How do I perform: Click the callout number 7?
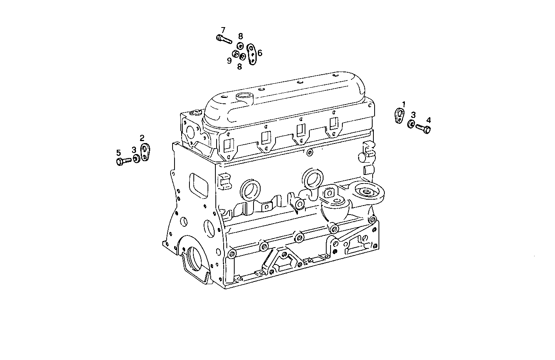point(223,30)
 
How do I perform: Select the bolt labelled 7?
point(224,39)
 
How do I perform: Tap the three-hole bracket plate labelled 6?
point(252,54)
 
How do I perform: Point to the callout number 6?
point(260,53)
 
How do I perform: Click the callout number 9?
point(229,61)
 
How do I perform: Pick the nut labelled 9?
point(235,54)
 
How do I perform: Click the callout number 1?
point(403,104)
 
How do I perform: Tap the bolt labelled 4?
point(423,128)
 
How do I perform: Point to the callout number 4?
point(428,120)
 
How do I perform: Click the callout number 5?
point(118,152)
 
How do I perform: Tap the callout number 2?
point(142,138)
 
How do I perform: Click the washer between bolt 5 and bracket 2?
point(136,159)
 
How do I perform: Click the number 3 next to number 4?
point(413,115)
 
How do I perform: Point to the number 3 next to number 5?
point(134,150)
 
